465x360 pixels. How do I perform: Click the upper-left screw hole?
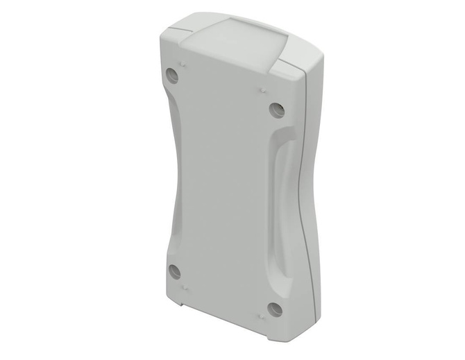173,76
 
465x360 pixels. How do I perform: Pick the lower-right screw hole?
276,309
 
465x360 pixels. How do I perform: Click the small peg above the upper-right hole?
264,89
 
